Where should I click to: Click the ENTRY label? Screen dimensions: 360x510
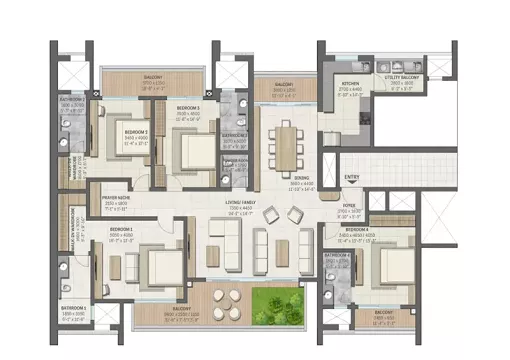tap(351, 177)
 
